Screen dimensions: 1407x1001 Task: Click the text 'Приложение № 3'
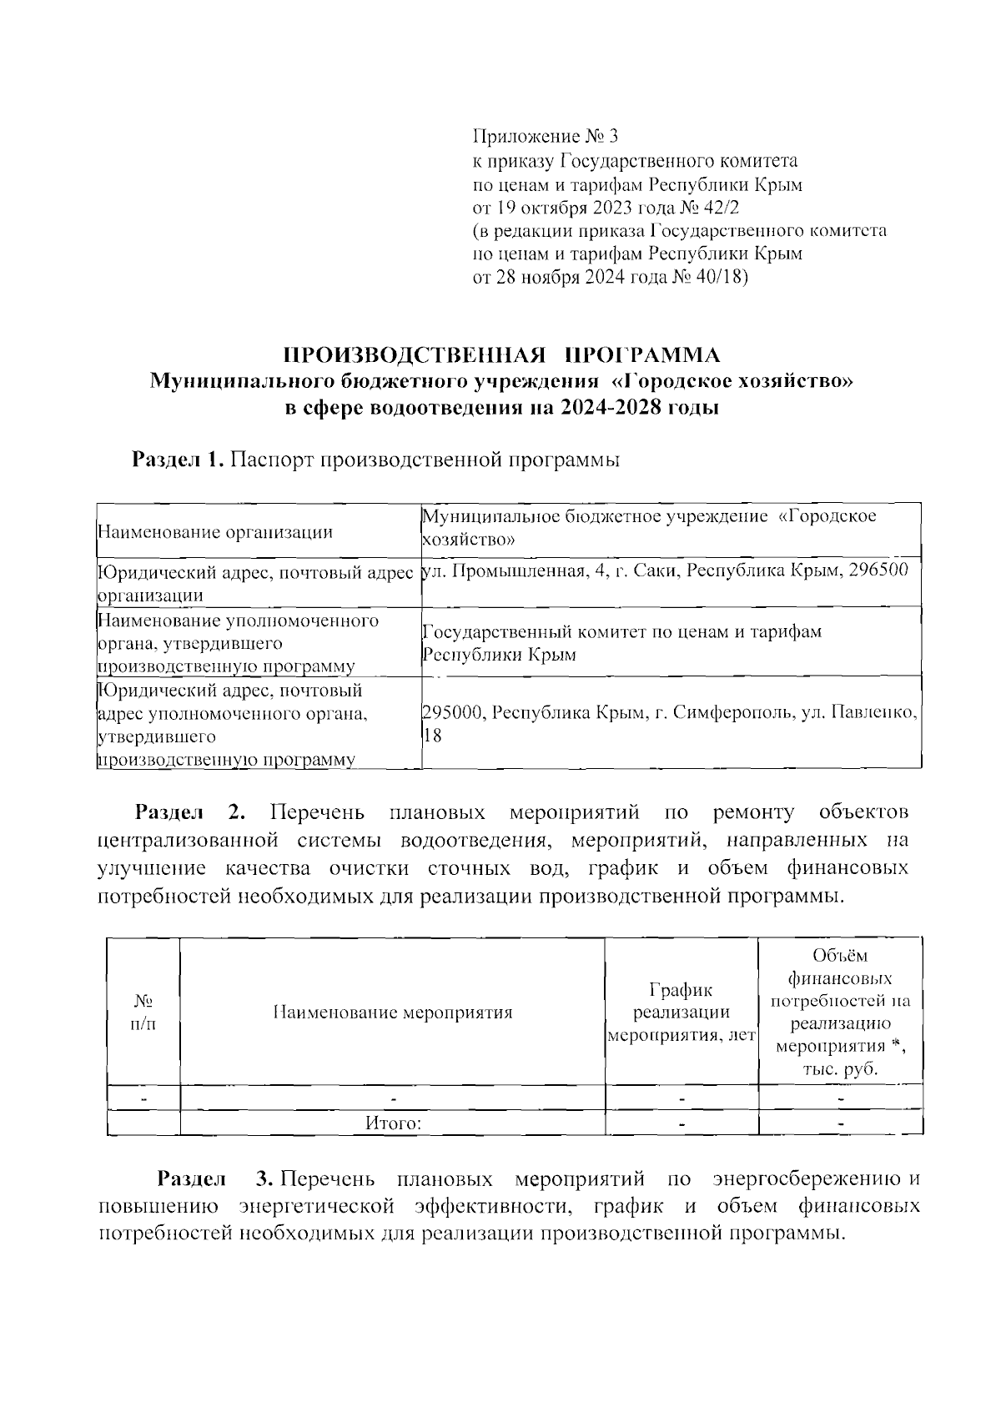point(547,136)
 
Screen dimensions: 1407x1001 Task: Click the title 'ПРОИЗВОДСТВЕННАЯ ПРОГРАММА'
point(501,355)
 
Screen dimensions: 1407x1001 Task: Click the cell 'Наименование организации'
point(215,532)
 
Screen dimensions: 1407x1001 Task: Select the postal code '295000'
point(453,713)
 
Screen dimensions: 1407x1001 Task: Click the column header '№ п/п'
point(143,1012)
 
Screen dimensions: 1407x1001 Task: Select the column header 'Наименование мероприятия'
point(392,1013)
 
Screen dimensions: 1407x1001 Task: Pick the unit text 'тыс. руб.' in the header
point(840,1069)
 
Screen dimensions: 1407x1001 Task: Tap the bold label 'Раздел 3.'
point(215,1179)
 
